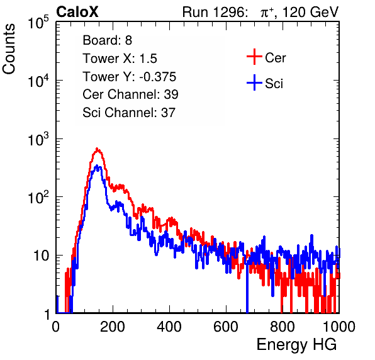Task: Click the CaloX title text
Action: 77,12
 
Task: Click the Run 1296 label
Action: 215,12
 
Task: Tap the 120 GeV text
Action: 310,12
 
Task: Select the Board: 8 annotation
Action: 107,40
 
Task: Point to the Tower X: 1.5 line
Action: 120,59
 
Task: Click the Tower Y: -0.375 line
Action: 130,77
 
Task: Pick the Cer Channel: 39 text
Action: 130,94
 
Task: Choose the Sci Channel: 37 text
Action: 129,113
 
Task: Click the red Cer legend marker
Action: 254,57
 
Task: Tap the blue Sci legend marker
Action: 254,82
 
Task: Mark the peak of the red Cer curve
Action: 97,149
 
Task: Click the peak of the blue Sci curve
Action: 97,166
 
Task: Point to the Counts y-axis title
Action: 9,49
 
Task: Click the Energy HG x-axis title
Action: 296,345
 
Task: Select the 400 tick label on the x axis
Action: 169,327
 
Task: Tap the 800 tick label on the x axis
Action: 283,327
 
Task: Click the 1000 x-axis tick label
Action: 339,327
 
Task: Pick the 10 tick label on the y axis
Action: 42,256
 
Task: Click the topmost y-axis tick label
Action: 38,23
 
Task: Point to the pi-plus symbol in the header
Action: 267,13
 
